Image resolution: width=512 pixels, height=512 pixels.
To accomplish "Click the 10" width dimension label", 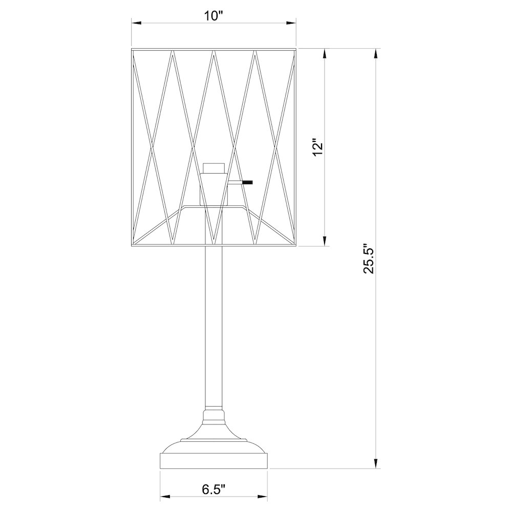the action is coord(214,16).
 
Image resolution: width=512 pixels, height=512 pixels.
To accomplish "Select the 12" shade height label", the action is coord(318,149).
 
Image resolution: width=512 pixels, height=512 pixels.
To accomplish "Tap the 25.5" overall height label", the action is coord(370,258).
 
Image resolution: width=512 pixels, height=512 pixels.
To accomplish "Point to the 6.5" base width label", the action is coord(214,489).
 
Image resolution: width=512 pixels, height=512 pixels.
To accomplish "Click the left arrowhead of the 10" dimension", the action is coord(137,23).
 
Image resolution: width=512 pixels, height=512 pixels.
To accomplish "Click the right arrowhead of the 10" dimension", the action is coord(291,23).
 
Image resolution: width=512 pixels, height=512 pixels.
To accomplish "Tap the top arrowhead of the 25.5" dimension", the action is coord(376,54).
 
